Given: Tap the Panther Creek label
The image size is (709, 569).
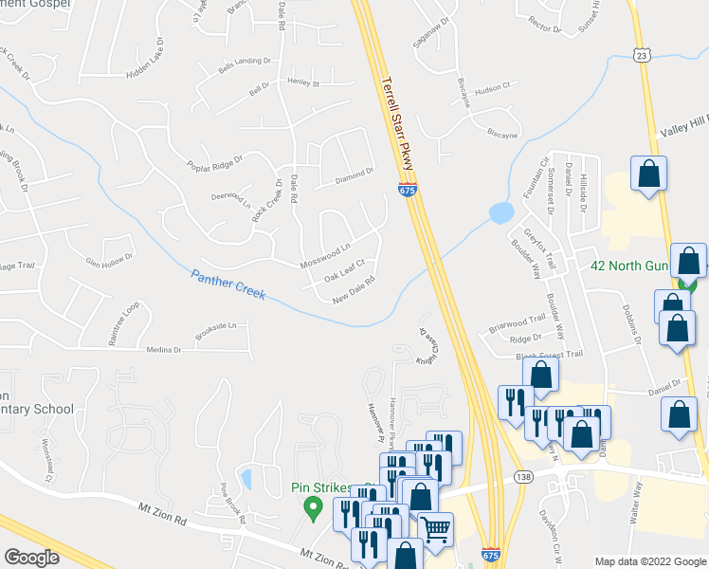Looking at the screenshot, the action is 228,284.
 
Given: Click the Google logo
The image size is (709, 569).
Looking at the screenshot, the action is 31,558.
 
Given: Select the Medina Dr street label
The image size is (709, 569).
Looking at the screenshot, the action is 164,349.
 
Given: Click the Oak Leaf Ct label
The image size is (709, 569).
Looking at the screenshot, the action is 344,272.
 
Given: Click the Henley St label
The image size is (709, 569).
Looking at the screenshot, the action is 304,83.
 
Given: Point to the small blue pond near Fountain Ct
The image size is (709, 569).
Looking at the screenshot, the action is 500,213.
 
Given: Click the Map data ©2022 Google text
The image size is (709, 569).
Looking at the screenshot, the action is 650,560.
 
